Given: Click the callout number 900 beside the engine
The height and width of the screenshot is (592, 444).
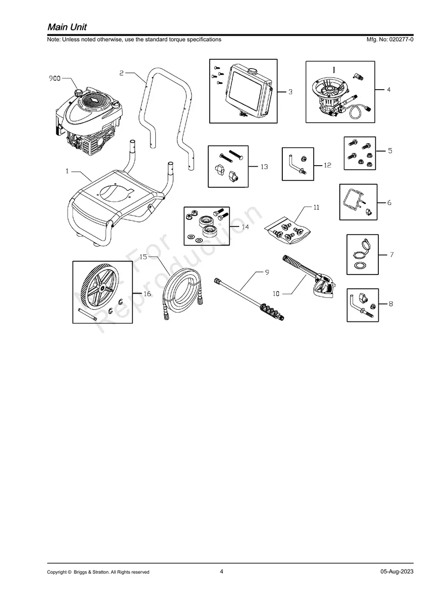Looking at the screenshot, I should pyautogui.click(x=54, y=78).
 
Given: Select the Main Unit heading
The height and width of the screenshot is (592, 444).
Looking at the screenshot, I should pyautogui.click(x=67, y=26).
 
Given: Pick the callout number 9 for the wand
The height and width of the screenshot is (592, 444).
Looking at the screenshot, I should pyautogui.click(x=267, y=272).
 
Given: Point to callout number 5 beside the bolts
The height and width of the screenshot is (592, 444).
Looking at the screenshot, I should pyautogui.click(x=390, y=151).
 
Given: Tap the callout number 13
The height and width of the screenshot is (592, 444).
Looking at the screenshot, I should pyautogui.click(x=264, y=167).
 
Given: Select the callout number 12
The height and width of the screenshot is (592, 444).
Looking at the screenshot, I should pyautogui.click(x=327, y=166).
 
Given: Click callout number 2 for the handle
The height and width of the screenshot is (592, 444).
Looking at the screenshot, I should pyautogui.click(x=121, y=73).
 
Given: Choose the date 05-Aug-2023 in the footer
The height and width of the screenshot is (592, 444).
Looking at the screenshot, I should pyautogui.click(x=396, y=572).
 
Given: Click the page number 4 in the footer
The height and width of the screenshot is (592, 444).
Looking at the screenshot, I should pyautogui.click(x=222, y=571).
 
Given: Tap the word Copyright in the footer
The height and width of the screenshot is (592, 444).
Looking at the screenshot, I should pyautogui.click(x=57, y=572).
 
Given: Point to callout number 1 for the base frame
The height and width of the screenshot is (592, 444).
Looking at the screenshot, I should pyautogui.click(x=66, y=172).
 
